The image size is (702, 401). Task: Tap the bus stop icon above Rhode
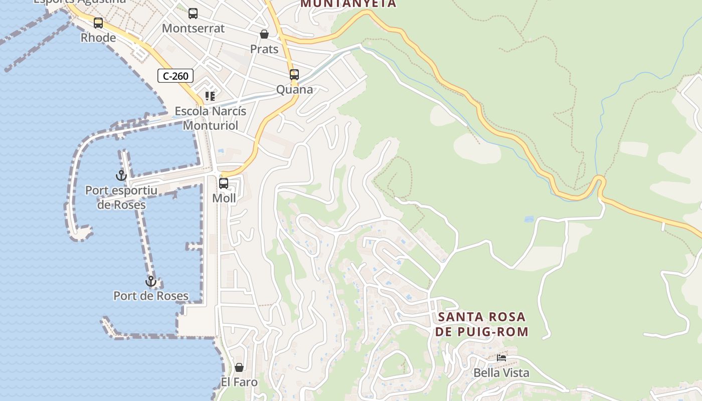pos(98,23)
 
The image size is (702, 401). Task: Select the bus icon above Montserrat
pos(193,14)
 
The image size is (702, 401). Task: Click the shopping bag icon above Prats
pos(264,34)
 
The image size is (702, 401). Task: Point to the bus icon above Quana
pos(294,75)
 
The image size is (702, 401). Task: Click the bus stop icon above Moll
pos(224,183)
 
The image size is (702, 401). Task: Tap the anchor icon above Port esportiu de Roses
pos(121,175)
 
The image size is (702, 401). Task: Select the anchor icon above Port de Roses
pos(151,281)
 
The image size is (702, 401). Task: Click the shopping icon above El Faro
pos(239,367)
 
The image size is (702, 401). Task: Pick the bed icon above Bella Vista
pos(501,358)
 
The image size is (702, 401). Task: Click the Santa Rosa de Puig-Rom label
pos(481,324)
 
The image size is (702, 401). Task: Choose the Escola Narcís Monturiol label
pos(211,118)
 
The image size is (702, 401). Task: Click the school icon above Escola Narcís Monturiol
pos(210,96)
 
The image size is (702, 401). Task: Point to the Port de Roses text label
pos(151,296)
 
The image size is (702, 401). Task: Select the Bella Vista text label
pos(501,373)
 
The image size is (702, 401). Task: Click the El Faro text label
pos(239,382)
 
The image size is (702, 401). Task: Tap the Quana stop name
pos(294,90)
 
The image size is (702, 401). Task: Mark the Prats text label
pos(264,49)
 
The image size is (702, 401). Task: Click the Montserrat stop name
pos(193,29)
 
